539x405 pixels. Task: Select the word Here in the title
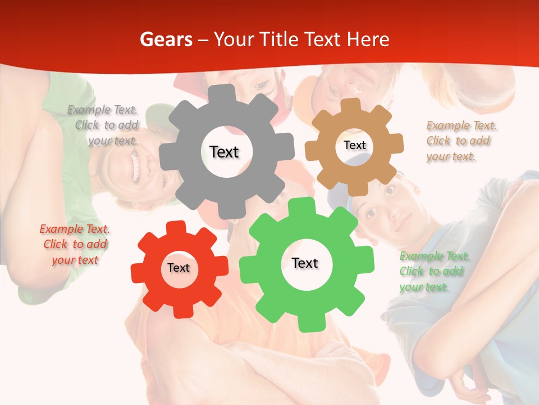(368, 39)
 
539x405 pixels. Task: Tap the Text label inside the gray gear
(224, 152)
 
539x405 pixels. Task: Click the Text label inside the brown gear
(354, 145)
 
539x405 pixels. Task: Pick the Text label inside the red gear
(179, 268)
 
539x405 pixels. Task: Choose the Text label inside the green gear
(305, 263)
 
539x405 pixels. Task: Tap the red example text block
(75, 244)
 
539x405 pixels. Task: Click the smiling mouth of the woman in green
(135, 168)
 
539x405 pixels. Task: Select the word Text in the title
(322, 39)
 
